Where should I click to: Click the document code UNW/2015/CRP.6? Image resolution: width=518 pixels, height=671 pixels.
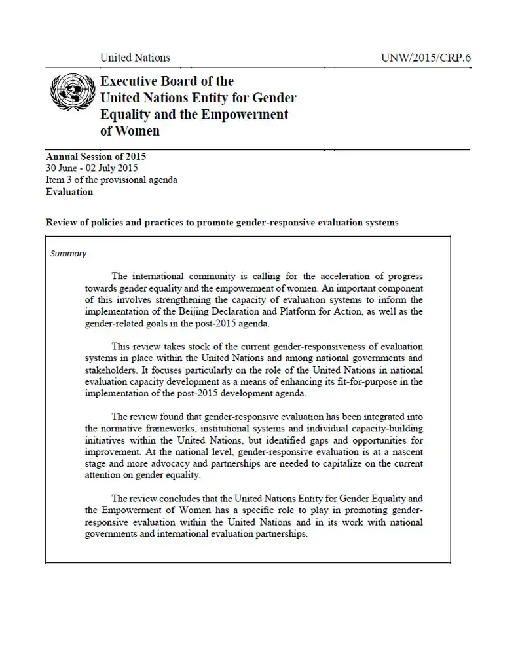[x=426, y=58]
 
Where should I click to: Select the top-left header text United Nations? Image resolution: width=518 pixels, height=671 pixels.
[x=135, y=58]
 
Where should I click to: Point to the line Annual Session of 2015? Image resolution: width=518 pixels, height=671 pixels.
[x=96, y=157]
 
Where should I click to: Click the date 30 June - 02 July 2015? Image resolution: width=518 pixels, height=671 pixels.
[x=92, y=168]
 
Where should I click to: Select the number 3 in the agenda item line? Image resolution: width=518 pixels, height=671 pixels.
[x=67, y=180]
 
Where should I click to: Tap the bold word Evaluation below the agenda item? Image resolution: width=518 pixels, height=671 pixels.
[x=69, y=192]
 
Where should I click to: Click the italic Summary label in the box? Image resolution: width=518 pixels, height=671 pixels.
[x=68, y=254]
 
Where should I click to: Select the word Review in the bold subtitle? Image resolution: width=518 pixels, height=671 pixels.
[x=62, y=223]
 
